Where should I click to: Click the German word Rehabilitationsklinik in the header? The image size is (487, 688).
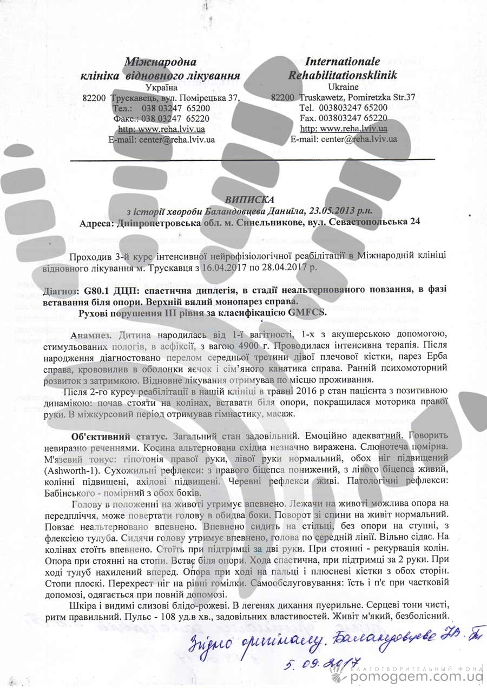coord(343,74)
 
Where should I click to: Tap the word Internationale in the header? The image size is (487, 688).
coord(343,61)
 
